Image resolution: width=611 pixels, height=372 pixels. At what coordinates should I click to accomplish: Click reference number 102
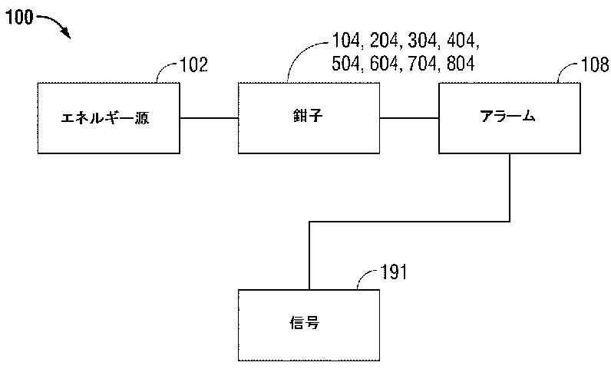(193, 64)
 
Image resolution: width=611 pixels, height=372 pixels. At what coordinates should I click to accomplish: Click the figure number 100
(18, 17)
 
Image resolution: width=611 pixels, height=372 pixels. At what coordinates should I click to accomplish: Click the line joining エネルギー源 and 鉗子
(208, 117)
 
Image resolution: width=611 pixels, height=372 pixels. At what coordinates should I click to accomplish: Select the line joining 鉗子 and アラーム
(408, 117)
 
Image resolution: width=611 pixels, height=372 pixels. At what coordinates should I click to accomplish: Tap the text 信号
(307, 322)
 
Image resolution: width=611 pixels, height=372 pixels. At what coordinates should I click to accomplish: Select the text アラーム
(507, 117)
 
